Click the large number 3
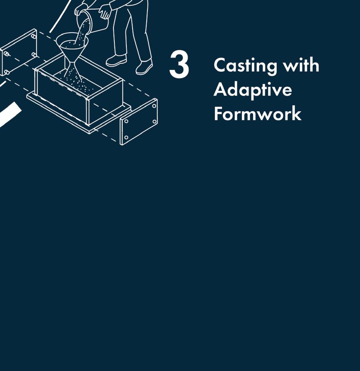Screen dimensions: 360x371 (x=179, y=64)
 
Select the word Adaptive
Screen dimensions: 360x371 (x=253, y=90)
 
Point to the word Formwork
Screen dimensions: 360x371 (x=258, y=113)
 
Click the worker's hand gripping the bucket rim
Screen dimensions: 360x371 (x=79, y=10)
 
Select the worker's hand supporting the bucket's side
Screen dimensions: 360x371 (x=104, y=12)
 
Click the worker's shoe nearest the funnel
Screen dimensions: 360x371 (x=116, y=60)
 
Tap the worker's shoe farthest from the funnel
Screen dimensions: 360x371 (x=144, y=67)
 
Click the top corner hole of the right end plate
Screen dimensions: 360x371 (x=154, y=106)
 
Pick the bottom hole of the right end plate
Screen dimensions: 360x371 (x=126, y=137)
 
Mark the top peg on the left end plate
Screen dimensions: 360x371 (x=34, y=36)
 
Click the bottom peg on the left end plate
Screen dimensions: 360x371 (x=7, y=72)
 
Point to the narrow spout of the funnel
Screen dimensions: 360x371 (x=72, y=64)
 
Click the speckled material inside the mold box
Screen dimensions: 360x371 (x=76, y=83)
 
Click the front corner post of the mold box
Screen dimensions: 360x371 (x=88, y=112)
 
